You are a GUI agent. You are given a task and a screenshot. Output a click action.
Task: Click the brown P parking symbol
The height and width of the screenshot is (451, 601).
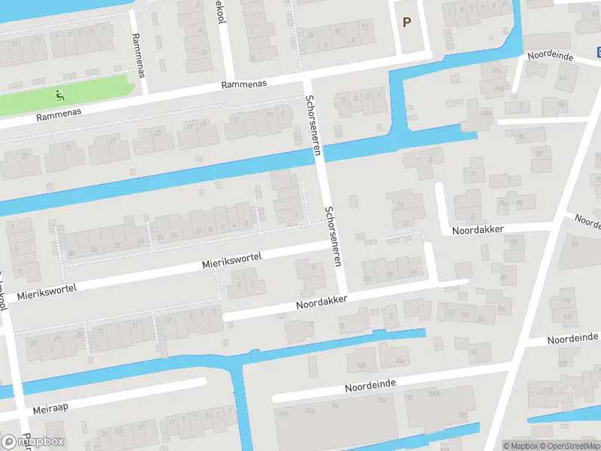pos(406,23)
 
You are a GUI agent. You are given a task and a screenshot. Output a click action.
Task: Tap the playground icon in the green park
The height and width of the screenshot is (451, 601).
pos(60,95)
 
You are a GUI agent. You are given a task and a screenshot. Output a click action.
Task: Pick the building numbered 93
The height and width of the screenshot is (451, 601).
pos(575,245)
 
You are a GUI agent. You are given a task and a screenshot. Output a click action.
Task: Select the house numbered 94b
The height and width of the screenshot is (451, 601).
pos(361,365)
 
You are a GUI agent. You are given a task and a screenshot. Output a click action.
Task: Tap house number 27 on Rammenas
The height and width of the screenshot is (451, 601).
pos(114,141)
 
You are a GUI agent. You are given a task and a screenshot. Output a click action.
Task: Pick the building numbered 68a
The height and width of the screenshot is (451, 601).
pos(496,71)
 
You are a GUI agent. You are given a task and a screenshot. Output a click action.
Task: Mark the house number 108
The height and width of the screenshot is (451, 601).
pos(461,415)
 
